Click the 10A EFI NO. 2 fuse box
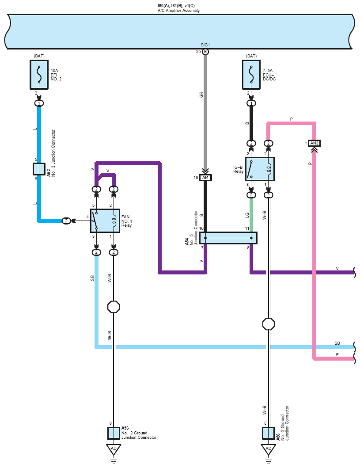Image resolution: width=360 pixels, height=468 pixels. (x=39, y=75)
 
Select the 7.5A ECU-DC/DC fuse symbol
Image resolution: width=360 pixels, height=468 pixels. (x=251, y=75)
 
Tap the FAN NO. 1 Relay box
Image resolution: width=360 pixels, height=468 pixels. (x=105, y=221)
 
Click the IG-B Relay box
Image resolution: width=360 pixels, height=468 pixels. (x=259, y=169)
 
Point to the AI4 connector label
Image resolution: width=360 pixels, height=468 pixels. (x=205, y=178)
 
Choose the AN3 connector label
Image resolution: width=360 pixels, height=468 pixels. (x=314, y=143)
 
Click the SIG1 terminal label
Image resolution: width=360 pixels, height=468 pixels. (x=205, y=45)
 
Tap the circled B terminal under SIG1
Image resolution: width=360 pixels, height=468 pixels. (x=205, y=52)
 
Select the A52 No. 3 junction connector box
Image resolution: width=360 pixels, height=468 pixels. (x=39, y=169)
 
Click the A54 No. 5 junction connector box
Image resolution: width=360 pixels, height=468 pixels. (x=228, y=238)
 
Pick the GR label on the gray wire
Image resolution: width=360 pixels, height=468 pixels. (x=201, y=95)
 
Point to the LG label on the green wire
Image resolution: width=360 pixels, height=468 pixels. (x=247, y=215)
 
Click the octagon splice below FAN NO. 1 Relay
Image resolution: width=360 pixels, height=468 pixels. (x=114, y=307)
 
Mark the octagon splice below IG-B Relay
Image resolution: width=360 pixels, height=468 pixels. (x=269, y=324)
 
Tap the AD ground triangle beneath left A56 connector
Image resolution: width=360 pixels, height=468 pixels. (x=114, y=449)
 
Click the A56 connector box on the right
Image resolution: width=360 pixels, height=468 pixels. (x=268, y=434)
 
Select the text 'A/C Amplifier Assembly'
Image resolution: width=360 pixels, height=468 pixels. (x=178, y=11)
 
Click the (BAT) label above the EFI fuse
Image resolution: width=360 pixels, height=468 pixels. (x=39, y=56)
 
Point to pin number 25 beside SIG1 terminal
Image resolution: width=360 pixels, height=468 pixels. (x=198, y=52)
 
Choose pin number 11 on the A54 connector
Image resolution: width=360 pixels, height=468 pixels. (x=247, y=228)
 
